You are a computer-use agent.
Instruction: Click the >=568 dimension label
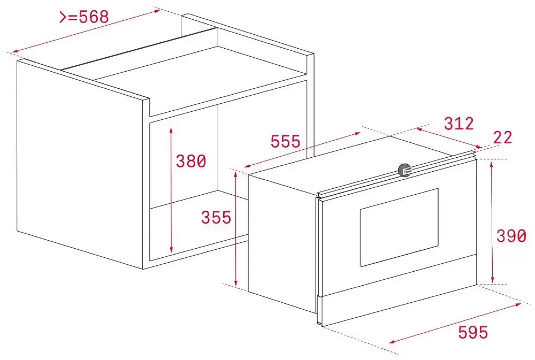(x=85, y=17)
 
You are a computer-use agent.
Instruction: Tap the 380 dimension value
(x=191, y=161)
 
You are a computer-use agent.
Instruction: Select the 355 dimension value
(x=216, y=217)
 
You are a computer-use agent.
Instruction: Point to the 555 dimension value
(x=285, y=141)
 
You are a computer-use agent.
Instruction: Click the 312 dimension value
(x=458, y=123)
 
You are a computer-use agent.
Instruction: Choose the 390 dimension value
(x=511, y=236)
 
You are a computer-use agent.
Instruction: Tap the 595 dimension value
(x=473, y=332)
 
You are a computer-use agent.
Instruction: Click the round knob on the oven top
(x=405, y=170)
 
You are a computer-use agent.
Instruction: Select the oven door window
(x=399, y=227)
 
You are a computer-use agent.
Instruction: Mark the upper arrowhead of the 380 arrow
(x=171, y=129)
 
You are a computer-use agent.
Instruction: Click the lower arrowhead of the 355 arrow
(x=236, y=282)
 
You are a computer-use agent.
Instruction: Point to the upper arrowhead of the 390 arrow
(x=491, y=165)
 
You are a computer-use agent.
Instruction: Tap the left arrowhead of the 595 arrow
(x=392, y=342)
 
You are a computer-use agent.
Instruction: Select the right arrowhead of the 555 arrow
(x=357, y=133)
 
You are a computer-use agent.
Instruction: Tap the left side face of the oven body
(x=282, y=243)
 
